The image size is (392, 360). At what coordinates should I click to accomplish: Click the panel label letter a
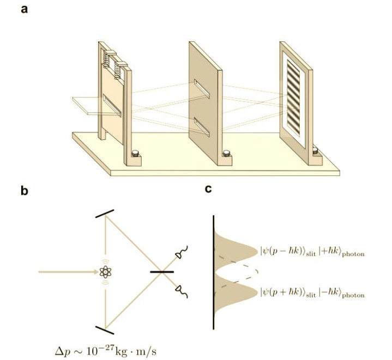point(25,9)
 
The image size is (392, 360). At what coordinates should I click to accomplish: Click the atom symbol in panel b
point(106,271)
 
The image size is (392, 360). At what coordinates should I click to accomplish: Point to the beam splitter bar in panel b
point(162,271)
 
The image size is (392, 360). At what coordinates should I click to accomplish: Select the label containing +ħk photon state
point(312,252)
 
